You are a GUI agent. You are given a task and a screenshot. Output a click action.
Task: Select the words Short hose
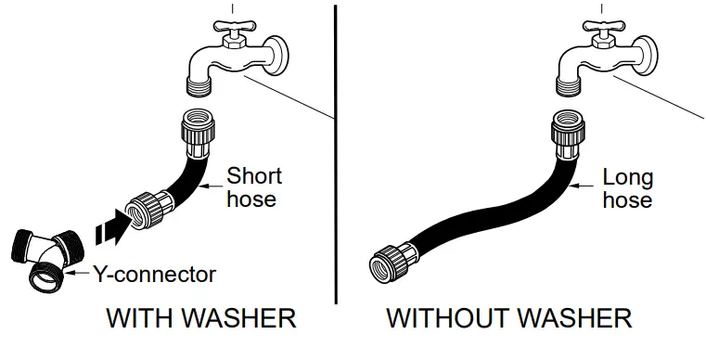pyautogui.click(x=254, y=186)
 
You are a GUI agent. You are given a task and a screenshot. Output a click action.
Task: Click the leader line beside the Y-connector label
pyautogui.click(x=80, y=274)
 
